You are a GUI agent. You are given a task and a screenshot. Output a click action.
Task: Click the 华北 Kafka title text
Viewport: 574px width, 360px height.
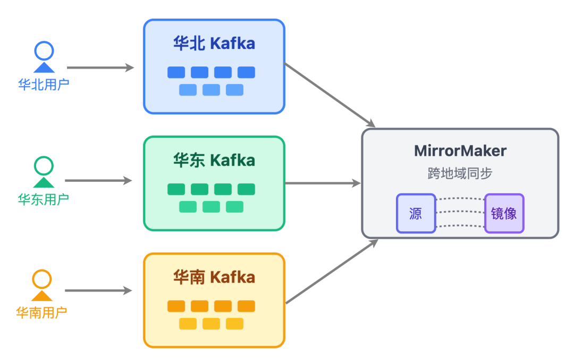point(214,44)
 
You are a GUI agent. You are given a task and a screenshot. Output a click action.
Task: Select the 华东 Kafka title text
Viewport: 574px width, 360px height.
point(214,160)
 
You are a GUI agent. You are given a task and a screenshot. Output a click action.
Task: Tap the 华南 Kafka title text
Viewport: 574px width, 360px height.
point(214,277)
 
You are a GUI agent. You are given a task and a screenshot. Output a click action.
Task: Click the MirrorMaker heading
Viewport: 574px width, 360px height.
point(460,150)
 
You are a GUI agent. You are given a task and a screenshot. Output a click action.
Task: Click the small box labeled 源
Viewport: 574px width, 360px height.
point(416,213)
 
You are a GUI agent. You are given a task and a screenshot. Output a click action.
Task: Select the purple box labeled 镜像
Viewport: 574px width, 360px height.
point(504,213)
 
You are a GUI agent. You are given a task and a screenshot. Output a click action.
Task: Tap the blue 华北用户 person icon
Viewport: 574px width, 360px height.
point(44,57)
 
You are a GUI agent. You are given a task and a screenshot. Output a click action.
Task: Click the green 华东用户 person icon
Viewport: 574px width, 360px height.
point(44,172)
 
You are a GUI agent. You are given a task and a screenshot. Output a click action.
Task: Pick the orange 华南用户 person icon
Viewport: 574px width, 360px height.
point(42,286)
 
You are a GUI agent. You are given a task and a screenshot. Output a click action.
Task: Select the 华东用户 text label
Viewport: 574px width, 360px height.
point(44,199)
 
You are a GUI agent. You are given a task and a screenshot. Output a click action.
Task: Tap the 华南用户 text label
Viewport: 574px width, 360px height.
point(42,312)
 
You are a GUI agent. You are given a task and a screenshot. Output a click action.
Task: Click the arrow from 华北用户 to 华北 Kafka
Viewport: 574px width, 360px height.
point(100,68)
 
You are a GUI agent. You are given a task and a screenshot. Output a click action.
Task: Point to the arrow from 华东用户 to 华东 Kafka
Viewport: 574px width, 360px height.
point(98,181)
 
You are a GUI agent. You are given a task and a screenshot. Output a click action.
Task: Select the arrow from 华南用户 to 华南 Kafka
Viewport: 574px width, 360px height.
point(98,291)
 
